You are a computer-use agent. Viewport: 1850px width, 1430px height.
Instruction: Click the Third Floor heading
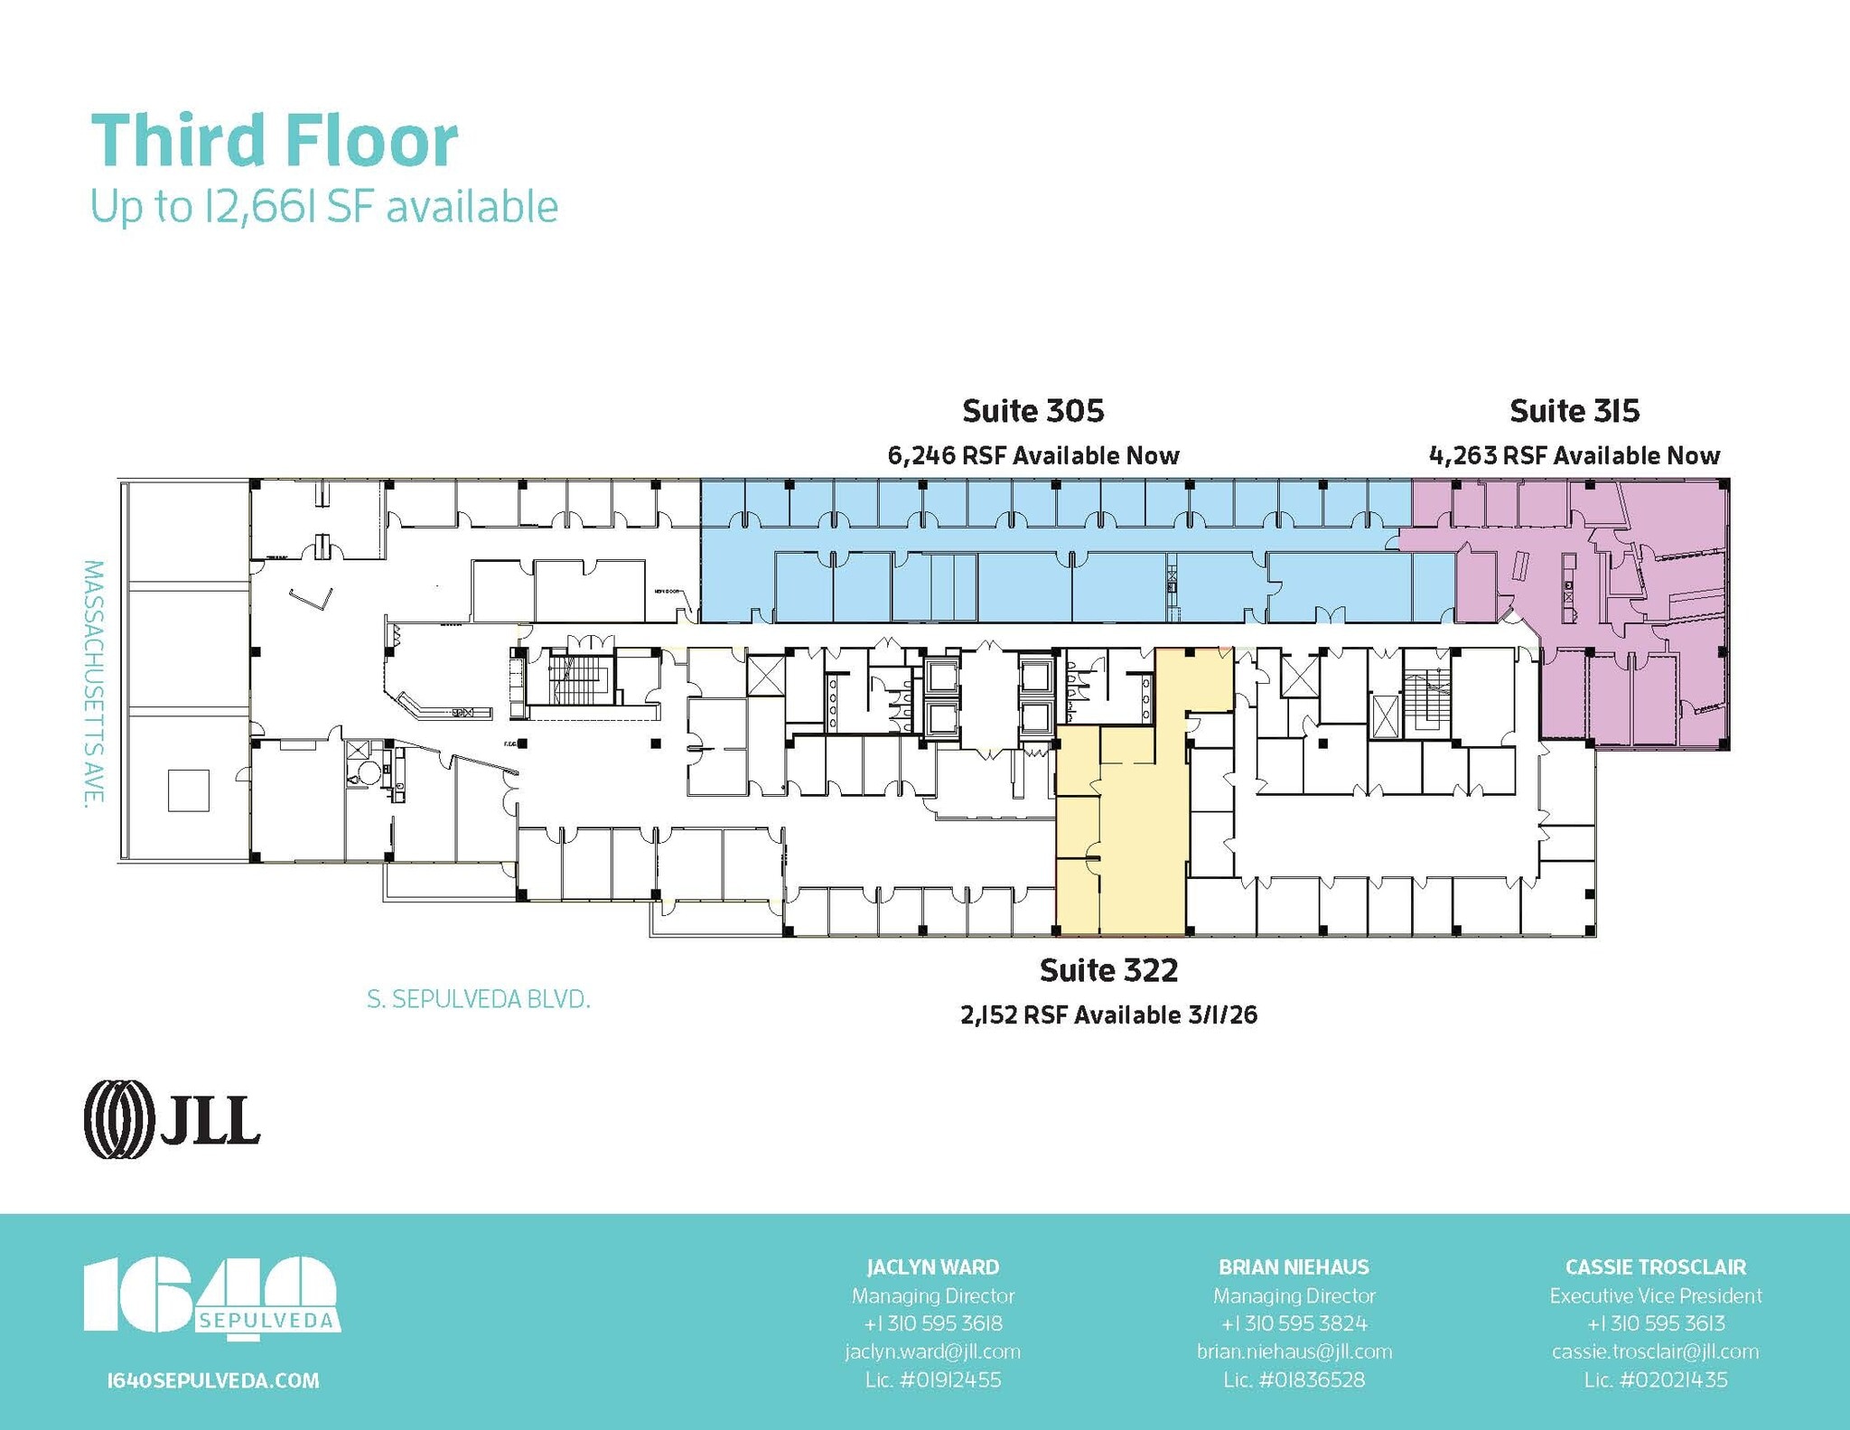click(275, 141)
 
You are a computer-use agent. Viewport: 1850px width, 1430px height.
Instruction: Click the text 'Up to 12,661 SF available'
click(323, 207)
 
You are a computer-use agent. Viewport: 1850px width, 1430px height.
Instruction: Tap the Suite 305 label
click(1032, 411)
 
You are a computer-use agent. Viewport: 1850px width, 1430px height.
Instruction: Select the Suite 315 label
click(1574, 411)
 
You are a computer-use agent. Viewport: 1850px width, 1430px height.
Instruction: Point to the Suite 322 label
click(1108, 970)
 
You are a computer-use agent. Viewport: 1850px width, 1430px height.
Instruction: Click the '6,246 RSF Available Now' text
click(1032, 455)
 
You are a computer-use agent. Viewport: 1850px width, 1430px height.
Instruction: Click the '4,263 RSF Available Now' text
click(1574, 455)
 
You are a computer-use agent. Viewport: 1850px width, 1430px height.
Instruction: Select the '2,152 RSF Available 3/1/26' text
click(1108, 1015)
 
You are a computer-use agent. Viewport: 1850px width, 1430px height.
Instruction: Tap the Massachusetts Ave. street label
click(93, 681)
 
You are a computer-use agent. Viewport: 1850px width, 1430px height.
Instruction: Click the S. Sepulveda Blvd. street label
click(478, 999)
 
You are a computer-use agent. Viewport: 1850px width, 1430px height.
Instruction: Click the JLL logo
click(172, 1119)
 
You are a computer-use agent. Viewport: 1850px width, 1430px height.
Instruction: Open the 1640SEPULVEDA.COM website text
click(212, 1380)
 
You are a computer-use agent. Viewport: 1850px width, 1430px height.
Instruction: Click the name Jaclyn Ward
click(932, 1266)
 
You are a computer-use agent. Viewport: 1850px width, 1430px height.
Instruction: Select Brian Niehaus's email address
click(1294, 1351)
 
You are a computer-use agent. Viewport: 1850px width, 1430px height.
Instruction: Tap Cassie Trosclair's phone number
click(1655, 1323)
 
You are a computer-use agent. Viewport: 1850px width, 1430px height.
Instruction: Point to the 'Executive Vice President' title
click(1655, 1295)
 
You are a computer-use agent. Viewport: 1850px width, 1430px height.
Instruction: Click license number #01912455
click(932, 1379)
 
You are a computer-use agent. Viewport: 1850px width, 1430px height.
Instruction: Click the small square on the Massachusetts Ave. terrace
click(188, 790)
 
